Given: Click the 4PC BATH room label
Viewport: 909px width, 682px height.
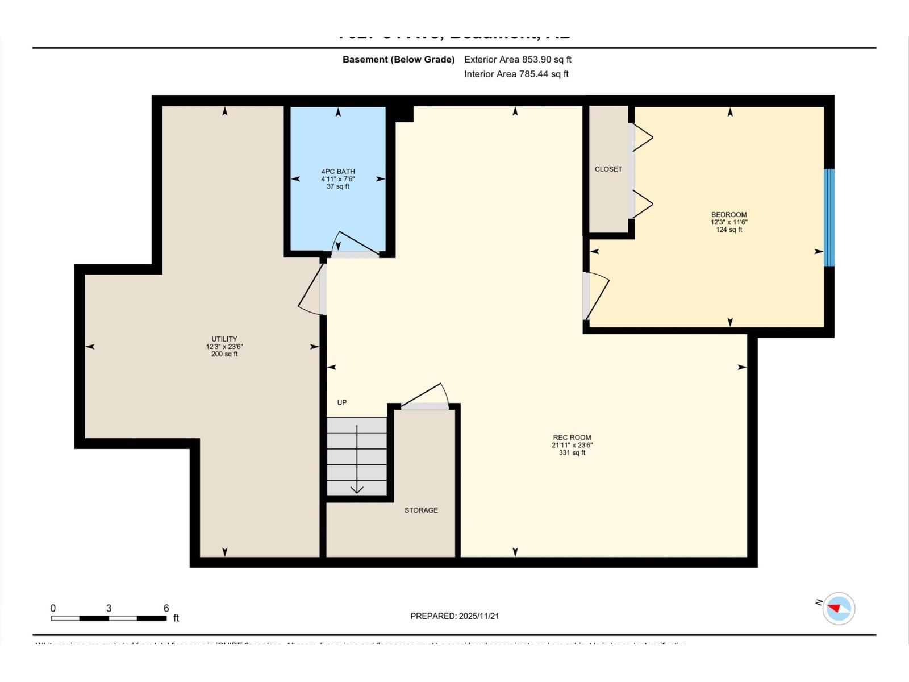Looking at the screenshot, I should pyautogui.click(x=338, y=172).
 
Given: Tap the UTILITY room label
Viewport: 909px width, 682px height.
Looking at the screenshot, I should pyautogui.click(x=224, y=339).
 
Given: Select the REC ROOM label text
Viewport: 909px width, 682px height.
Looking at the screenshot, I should pyautogui.click(x=572, y=438).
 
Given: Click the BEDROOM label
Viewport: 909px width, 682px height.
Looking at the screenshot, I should pyautogui.click(x=729, y=215).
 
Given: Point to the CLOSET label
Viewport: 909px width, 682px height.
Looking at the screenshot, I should pyautogui.click(x=608, y=169).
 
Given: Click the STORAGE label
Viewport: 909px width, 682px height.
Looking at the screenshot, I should pyautogui.click(x=421, y=510).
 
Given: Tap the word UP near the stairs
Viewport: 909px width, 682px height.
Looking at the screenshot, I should pyautogui.click(x=342, y=402).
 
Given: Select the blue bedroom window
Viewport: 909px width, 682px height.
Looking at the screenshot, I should pyautogui.click(x=829, y=218).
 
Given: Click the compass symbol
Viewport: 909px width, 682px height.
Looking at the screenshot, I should pyautogui.click(x=839, y=609).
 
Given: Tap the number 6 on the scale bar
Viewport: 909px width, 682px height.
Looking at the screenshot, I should pyautogui.click(x=166, y=608).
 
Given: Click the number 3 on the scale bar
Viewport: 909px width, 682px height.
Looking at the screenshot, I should pyautogui.click(x=109, y=608).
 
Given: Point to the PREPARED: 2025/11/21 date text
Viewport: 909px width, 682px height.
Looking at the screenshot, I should pyautogui.click(x=454, y=616).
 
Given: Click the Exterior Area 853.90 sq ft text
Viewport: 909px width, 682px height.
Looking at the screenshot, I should pyautogui.click(x=518, y=59).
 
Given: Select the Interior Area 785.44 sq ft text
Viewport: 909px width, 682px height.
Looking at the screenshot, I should pyautogui.click(x=516, y=74).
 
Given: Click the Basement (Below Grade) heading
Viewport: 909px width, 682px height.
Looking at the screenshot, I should pyautogui.click(x=398, y=59).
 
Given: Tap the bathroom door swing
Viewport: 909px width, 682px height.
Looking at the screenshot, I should pyautogui.click(x=357, y=244).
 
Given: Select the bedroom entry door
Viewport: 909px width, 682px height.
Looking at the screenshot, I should pyautogui.click(x=595, y=296).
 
